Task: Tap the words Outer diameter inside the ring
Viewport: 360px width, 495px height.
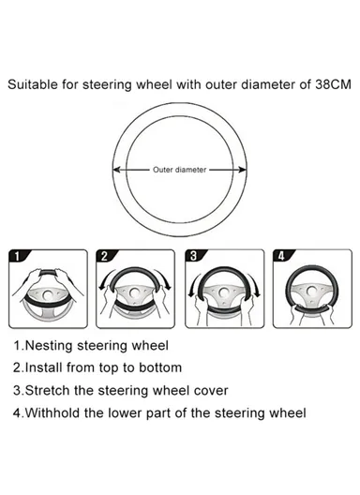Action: coord(179,172)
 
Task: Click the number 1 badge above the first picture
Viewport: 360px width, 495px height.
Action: coord(21,255)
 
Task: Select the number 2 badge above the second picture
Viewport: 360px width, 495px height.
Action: coord(107,255)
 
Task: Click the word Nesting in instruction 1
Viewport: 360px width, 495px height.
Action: coord(51,347)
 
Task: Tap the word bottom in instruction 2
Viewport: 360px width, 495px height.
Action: coord(158,368)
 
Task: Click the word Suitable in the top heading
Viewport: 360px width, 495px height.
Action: coord(34,84)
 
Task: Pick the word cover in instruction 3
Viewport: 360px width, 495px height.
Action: coord(209,390)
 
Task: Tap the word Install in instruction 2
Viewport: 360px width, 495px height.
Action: coord(46,368)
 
